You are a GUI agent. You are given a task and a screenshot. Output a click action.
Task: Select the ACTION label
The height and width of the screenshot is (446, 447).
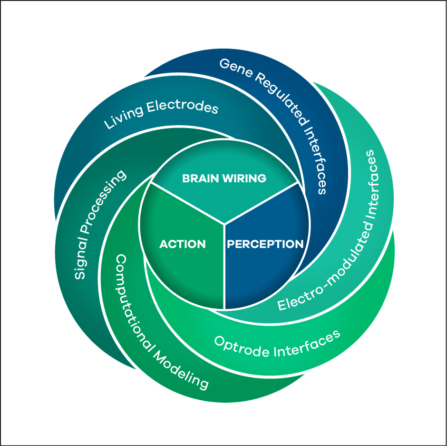(x=183, y=244)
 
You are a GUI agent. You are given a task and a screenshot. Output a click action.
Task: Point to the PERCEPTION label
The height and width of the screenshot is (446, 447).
(x=265, y=244)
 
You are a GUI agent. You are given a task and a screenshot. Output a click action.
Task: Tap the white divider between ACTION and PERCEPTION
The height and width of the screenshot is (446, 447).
(x=224, y=267)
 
